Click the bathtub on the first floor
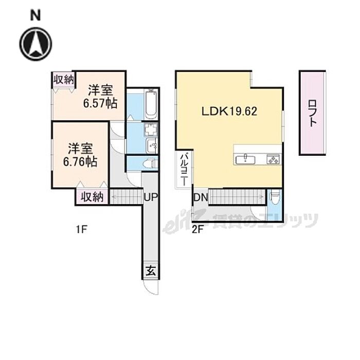tap(151, 104)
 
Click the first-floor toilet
tap(149, 164)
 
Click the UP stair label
tap(151, 197)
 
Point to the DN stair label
tap(200, 197)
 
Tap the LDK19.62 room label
tap(229, 111)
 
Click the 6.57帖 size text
tap(101, 102)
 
